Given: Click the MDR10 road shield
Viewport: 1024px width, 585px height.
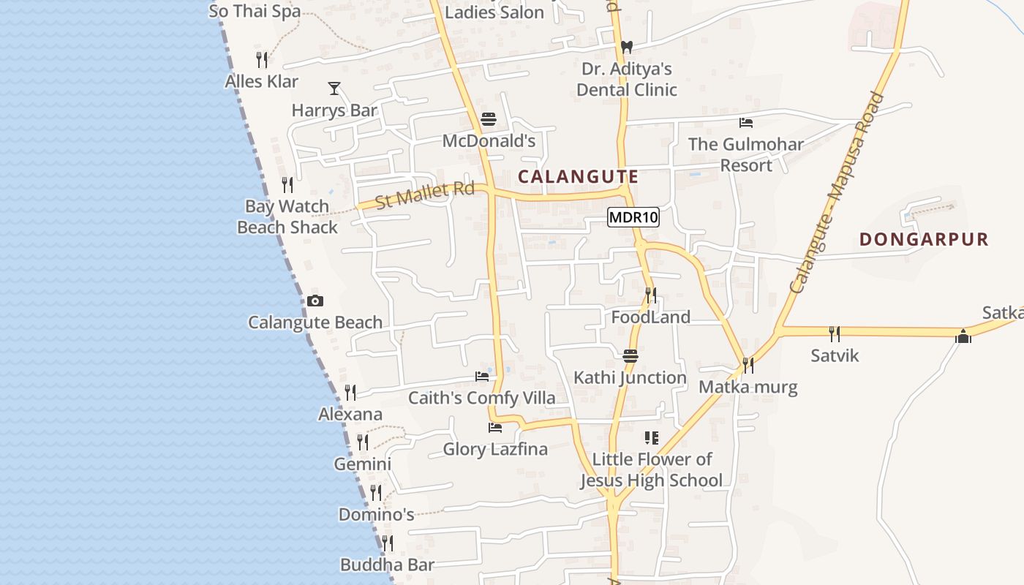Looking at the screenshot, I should [633, 217].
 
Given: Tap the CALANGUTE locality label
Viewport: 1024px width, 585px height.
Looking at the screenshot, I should [578, 176].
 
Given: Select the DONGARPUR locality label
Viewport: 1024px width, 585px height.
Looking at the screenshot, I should [924, 239].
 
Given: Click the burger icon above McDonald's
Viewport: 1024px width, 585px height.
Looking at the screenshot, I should [489, 119].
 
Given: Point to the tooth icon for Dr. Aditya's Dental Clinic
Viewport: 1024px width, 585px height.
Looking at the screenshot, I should [626, 47].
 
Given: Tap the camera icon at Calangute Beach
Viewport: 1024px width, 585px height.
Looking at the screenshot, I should [315, 301].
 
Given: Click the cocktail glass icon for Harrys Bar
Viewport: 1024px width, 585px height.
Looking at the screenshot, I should [334, 88].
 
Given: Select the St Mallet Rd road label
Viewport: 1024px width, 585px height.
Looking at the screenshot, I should [425, 195].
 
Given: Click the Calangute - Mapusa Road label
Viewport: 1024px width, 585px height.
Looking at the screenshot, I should [837, 193].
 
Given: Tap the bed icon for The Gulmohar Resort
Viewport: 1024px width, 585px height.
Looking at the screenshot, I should [746, 122].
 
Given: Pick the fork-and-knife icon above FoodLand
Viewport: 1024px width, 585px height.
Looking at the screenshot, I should [650, 295].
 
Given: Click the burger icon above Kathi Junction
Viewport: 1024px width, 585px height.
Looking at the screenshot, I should [630, 356].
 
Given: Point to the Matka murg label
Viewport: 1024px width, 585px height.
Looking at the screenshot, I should [748, 386].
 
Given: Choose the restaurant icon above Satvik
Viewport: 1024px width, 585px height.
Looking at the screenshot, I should [835, 334].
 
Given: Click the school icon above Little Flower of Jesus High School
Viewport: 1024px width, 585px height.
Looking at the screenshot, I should [651, 438].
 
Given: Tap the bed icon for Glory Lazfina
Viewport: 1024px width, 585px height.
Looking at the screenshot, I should [495, 427].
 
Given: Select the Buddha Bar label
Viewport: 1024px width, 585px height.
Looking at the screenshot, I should [388, 565].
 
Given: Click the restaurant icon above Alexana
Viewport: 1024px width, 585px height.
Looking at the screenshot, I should [350, 393].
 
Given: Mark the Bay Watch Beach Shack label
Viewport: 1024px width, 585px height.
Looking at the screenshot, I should [287, 217].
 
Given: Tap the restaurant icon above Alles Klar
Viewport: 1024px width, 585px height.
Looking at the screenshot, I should [261, 59].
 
